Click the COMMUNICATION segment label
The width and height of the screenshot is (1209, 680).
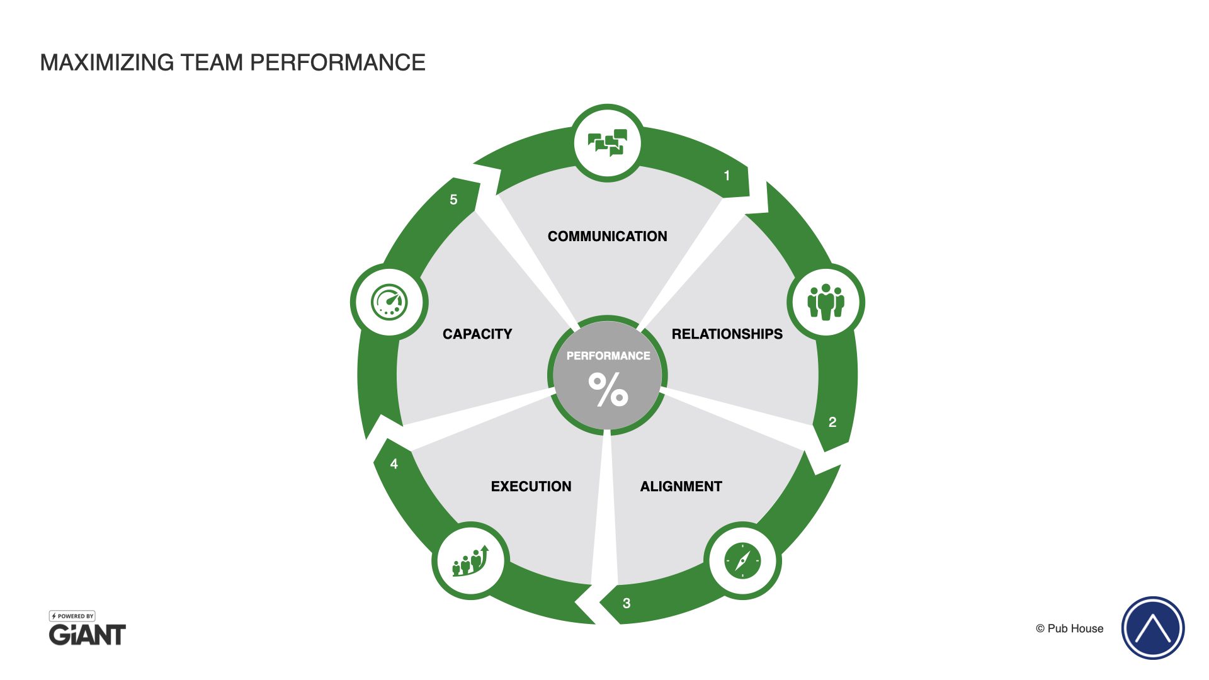click(x=607, y=236)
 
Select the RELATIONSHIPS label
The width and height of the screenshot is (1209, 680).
click(x=727, y=334)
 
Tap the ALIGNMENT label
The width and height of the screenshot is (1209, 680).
click(x=681, y=486)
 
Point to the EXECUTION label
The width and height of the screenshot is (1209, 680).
click(x=531, y=486)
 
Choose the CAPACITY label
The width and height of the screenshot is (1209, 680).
click(x=477, y=334)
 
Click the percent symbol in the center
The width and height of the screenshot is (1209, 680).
click(x=608, y=390)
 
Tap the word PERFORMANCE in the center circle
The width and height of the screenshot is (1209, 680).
click(x=608, y=356)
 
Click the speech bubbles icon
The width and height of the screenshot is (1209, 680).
click(x=608, y=143)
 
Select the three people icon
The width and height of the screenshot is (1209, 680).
click(x=826, y=302)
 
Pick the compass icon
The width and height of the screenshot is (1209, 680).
click(x=742, y=560)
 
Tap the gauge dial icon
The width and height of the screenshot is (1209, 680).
click(x=389, y=302)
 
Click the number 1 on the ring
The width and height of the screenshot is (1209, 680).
click(x=727, y=176)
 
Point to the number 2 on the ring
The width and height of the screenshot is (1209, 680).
click(x=832, y=422)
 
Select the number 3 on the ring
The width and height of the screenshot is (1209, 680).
click(x=627, y=603)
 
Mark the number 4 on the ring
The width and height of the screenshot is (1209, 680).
click(x=394, y=464)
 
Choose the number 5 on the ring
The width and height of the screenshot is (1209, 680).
click(x=453, y=200)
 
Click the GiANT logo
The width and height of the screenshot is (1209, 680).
click(x=88, y=634)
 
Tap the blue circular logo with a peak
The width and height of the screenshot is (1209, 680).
click(x=1152, y=628)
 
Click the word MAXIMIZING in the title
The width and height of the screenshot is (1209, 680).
click(x=107, y=62)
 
